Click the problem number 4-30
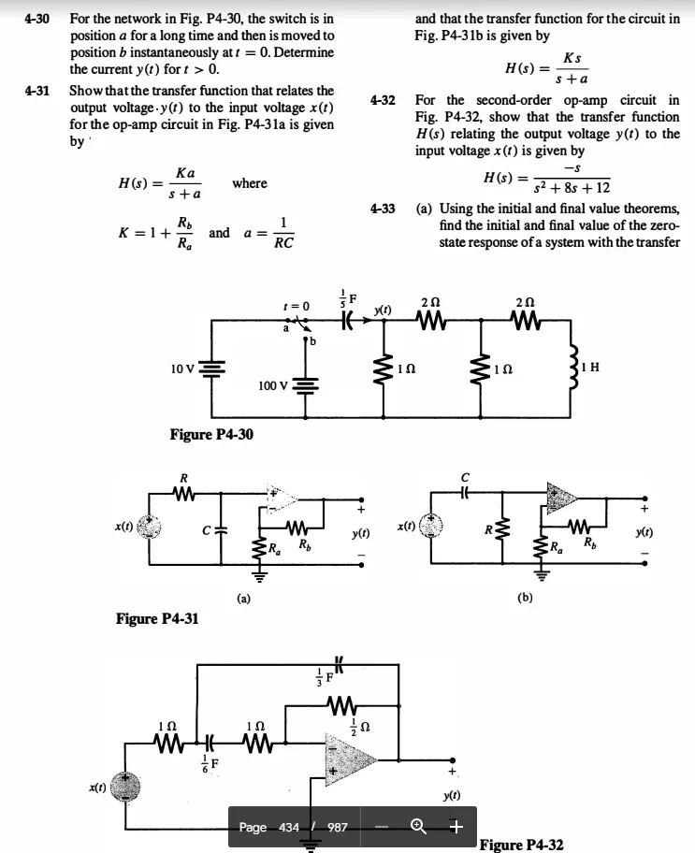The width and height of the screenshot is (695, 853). click(36, 18)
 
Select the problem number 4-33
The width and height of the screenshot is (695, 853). click(383, 209)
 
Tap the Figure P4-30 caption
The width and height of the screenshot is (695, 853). click(210, 434)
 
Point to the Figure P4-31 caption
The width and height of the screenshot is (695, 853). click(156, 618)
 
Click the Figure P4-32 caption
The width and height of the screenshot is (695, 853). click(521, 845)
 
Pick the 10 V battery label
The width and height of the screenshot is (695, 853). click(181, 369)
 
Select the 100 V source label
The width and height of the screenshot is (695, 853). click(275, 385)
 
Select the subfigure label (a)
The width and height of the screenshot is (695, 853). click(242, 596)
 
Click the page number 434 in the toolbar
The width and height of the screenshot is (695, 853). click(289, 827)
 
